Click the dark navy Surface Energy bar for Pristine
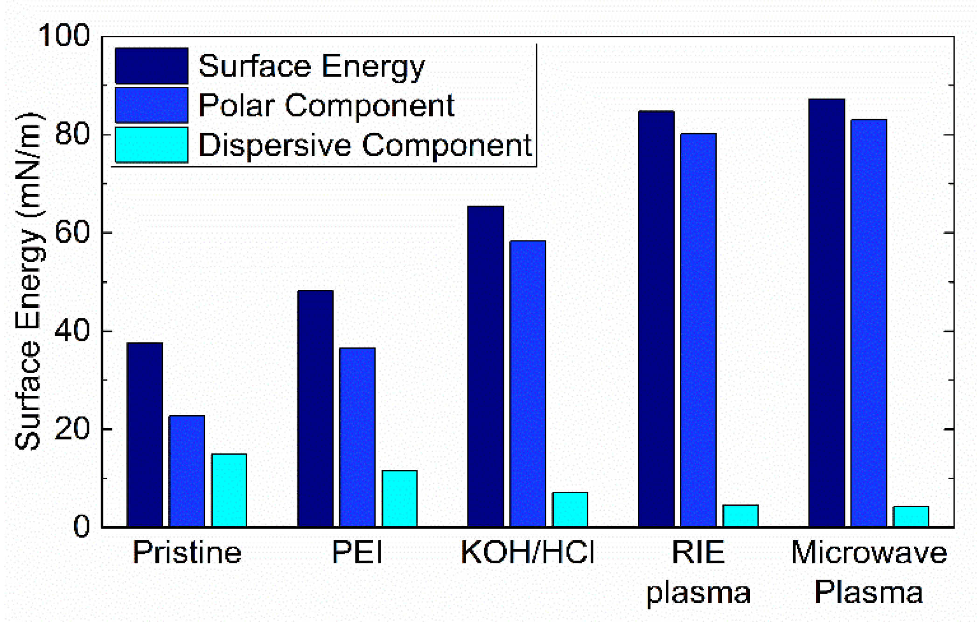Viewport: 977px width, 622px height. point(145,435)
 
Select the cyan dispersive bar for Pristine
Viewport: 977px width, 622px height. point(229,490)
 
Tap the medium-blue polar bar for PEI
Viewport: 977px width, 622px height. point(357,438)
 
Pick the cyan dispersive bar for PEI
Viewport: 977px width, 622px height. point(399,499)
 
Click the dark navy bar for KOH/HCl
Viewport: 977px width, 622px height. point(486,367)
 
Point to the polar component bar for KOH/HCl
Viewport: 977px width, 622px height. point(528,384)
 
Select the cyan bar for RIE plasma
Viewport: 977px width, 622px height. point(740,516)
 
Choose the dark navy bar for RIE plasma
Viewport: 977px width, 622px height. point(656,319)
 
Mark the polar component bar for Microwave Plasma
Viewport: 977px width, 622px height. point(869,323)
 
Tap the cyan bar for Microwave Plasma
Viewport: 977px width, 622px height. point(911,516)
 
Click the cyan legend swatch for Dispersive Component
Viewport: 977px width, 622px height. point(152,145)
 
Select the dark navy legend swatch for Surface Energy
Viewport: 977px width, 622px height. point(152,65)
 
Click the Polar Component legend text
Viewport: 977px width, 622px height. point(326,106)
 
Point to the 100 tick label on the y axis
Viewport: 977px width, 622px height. point(64,35)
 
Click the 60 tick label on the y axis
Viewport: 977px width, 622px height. point(72,232)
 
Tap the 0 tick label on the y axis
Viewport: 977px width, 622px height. point(82,527)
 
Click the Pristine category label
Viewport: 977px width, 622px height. point(187,552)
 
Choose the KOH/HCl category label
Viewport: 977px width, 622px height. point(528,552)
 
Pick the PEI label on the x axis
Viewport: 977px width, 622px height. point(357,552)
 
